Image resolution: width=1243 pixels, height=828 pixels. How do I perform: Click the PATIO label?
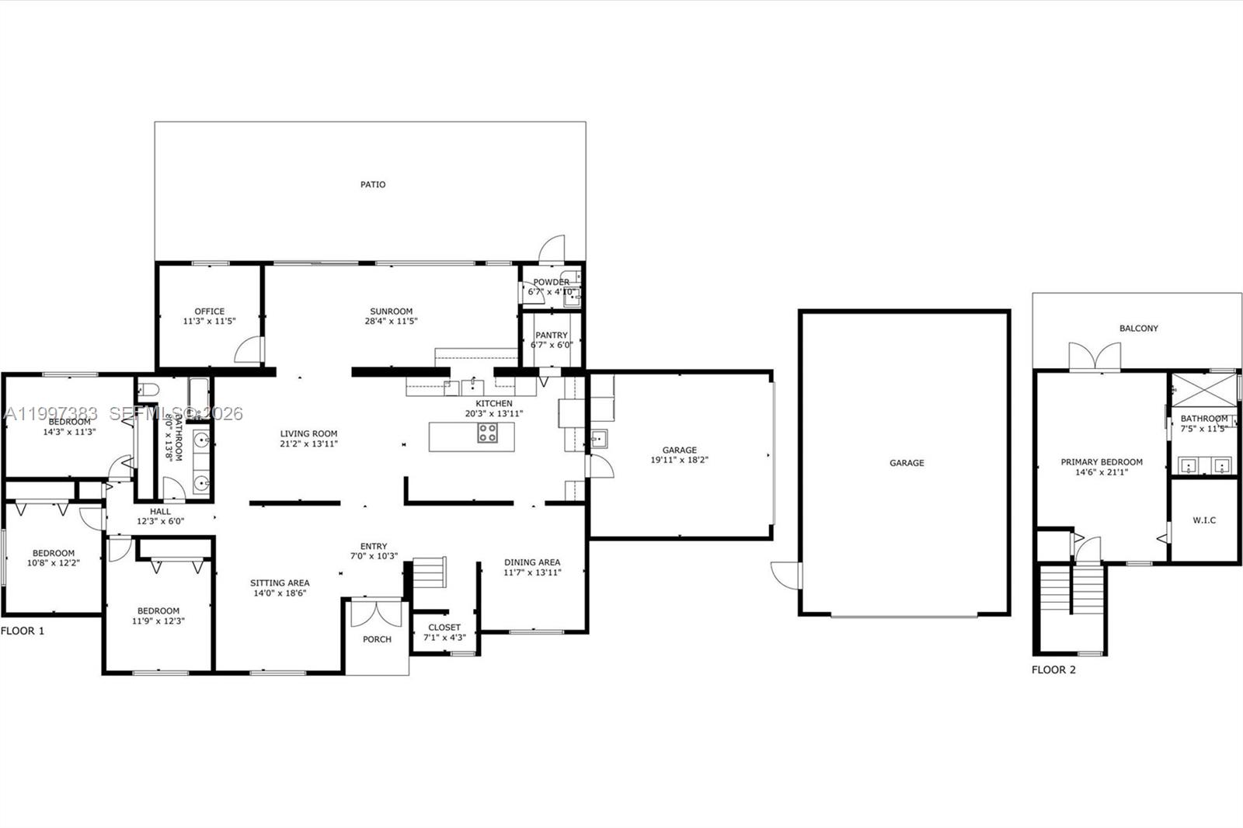tap(373, 185)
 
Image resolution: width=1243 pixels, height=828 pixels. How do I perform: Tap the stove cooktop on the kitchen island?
tap(487, 433)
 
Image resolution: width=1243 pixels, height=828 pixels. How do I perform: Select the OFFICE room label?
tap(210, 311)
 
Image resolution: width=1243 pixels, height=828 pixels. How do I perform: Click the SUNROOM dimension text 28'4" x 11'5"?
tap(392, 321)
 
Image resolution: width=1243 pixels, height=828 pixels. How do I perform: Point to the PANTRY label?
tap(552, 336)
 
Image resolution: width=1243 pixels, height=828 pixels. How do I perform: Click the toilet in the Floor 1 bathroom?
tap(148, 389)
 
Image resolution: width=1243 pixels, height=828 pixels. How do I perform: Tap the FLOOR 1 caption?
tap(23, 631)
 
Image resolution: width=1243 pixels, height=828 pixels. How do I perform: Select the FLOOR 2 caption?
tap(1053, 670)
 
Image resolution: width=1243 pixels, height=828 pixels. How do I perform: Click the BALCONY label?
tap(1139, 329)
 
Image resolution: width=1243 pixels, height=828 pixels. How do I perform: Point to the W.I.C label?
tap(1204, 520)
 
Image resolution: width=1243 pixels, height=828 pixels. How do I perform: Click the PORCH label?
tap(378, 639)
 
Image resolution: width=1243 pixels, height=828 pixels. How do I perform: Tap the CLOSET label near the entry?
tap(444, 628)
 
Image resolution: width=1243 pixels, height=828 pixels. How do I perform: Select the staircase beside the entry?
tap(429, 572)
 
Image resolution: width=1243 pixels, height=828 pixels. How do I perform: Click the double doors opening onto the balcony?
tap(1095, 357)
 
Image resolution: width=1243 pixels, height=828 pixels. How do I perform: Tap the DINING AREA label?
tap(532, 562)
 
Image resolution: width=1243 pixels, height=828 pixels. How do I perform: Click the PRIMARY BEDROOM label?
tap(1102, 462)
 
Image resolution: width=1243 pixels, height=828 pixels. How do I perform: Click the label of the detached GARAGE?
tap(907, 463)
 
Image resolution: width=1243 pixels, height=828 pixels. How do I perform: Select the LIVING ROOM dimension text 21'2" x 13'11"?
tap(309, 444)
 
